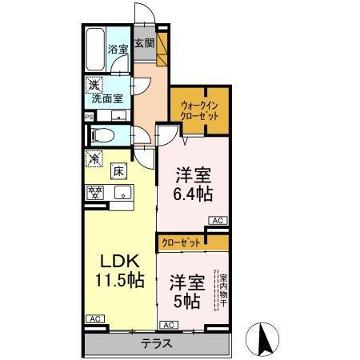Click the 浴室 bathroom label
tap(118, 50)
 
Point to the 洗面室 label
tap(107, 100)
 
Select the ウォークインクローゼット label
tap(199, 110)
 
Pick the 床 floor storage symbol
tap(117, 170)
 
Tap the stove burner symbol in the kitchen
tap(96, 192)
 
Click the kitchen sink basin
tap(122, 191)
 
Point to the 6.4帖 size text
tap(192, 193)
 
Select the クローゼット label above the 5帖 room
tap(181, 241)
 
